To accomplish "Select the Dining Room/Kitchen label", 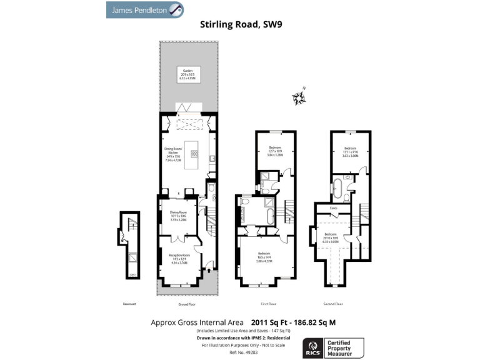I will pyautogui.click(x=173, y=154).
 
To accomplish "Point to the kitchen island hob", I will pyautogui.click(x=194, y=152).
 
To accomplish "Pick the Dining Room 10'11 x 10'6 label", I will pyautogui.click(x=179, y=216).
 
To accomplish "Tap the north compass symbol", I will pyautogui.click(x=299, y=97).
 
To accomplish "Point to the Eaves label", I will pyautogui.click(x=334, y=208).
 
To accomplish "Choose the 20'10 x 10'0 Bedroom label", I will pyautogui.click(x=331, y=238).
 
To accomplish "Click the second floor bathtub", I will pyautogui.click(x=337, y=186).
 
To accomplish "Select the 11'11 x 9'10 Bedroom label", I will pyautogui.click(x=350, y=152).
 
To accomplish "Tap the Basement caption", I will pyautogui.click(x=129, y=304).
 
